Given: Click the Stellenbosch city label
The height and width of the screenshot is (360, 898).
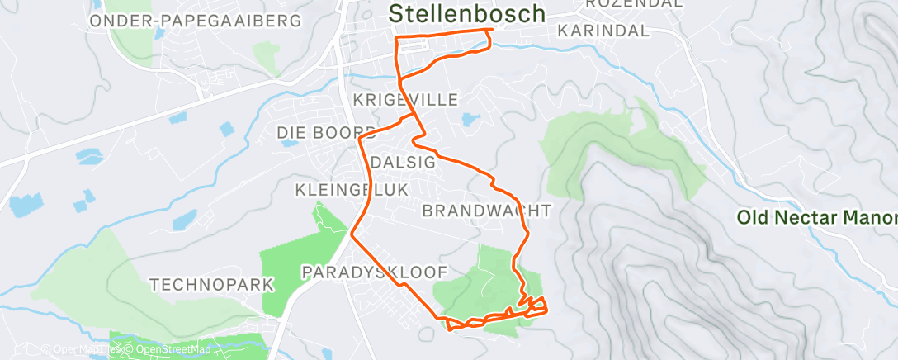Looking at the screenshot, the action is point(466,13).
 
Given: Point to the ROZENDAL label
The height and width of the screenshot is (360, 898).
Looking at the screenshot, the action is point(635,3).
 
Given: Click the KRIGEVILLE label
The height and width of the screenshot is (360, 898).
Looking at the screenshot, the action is point(405,100).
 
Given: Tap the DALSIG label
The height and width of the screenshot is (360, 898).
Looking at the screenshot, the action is point(403,162).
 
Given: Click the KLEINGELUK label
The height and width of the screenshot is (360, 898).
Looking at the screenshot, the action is point(352,191).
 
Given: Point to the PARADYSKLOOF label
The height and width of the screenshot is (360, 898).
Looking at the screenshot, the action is point(375,272).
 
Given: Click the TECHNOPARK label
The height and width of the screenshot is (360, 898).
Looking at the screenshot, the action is point(211,285).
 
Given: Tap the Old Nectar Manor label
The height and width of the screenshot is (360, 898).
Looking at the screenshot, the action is point(815,218).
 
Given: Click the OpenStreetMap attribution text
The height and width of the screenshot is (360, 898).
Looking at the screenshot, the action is point(173,349).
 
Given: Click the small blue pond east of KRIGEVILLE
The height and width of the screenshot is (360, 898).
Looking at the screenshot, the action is point(469,121).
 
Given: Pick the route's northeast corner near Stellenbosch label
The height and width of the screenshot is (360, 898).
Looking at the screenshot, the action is point(492,31).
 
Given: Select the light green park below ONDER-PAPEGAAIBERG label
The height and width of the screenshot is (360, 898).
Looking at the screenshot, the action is point(266,56).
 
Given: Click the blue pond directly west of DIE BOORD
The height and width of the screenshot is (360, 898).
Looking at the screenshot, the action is point(289,142).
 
